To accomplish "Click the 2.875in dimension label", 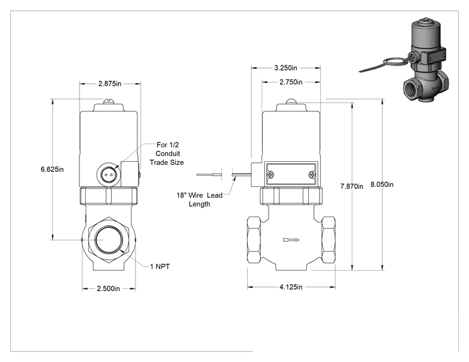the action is coord(110,84).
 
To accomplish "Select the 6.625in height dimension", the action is coord(52,169).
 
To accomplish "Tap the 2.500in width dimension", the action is coord(108,288).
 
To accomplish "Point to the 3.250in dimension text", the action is coord(286,68).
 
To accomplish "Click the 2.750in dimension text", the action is coord(291,82).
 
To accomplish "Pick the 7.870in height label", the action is coord(352,186).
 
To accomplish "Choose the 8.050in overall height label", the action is coord(382,184).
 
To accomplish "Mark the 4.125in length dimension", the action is coord(291,287).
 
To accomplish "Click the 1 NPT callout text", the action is coord(159,266).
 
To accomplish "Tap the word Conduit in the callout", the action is coord(168,154).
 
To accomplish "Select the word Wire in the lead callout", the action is coord(195,195).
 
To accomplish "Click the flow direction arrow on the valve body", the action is coord(291,239).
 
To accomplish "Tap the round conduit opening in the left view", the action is coord(108,174).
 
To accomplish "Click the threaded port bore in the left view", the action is coord(109,239).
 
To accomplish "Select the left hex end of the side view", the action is coord(254,239).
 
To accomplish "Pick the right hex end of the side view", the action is coord(328,239).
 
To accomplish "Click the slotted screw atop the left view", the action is coord(108,101).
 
